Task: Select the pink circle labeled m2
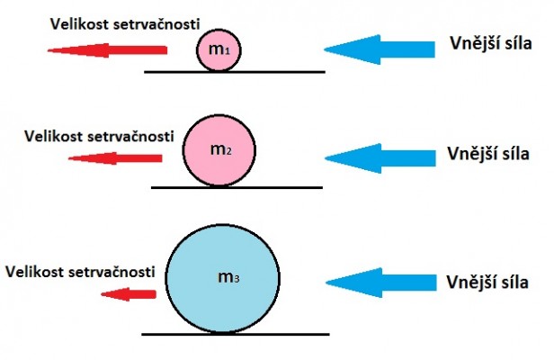(219, 148)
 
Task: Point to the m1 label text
(219, 50)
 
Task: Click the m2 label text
(220, 149)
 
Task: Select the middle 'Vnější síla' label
(489, 153)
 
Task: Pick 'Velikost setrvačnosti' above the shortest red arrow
(83, 270)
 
